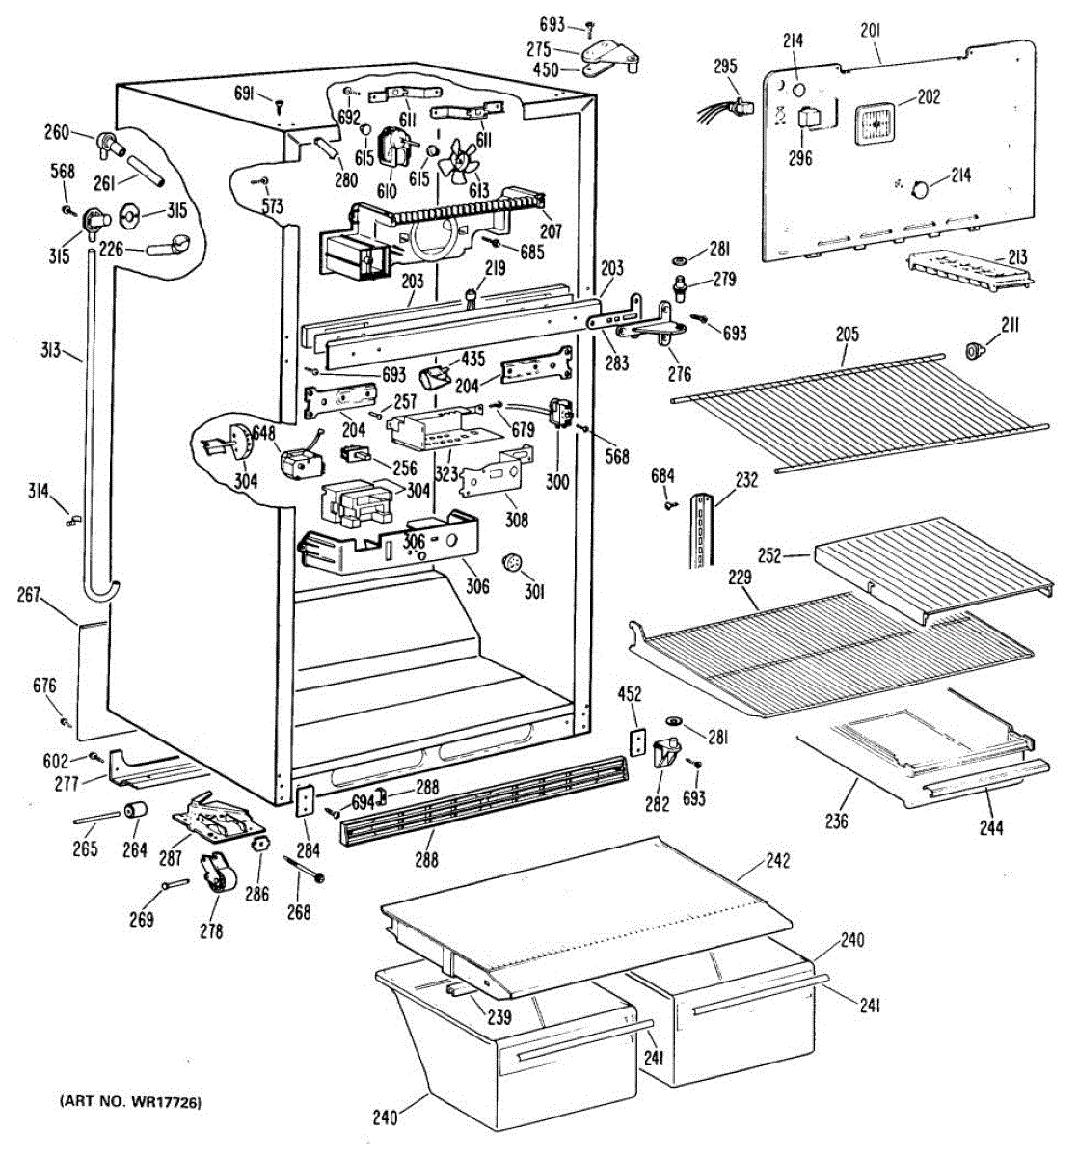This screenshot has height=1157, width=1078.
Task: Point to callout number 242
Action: point(777,861)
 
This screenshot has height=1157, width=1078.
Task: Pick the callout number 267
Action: point(29,595)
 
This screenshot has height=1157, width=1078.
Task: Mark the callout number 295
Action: point(725,67)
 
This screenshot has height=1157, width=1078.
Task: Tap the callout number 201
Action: point(870,33)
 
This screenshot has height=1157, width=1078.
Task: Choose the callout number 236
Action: point(835,821)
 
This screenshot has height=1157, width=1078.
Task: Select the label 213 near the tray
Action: point(1016,257)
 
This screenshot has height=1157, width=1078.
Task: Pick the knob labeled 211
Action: point(975,349)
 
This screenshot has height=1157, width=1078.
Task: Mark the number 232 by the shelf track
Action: point(746,479)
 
